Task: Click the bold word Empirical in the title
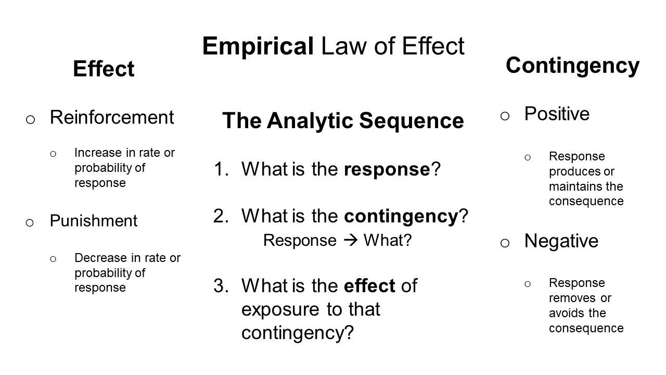coord(258,46)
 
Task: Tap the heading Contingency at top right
coord(573,66)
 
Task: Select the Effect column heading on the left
coord(104,69)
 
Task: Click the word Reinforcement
coord(112,117)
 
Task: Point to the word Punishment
coord(94,220)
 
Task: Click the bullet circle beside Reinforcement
coord(30,120)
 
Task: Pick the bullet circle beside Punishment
coord(30,222)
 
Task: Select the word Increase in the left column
coord(98,153)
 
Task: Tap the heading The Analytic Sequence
coord(343,120)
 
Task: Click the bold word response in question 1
coord(387,170)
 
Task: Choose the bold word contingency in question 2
coord(401,216)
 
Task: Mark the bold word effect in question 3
coord(369,285)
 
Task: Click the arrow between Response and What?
coord(350,240)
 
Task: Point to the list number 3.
coord(220,286)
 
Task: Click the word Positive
coord(557,114)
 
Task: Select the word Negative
coord(561,241)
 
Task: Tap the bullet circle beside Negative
coord(505,243)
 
